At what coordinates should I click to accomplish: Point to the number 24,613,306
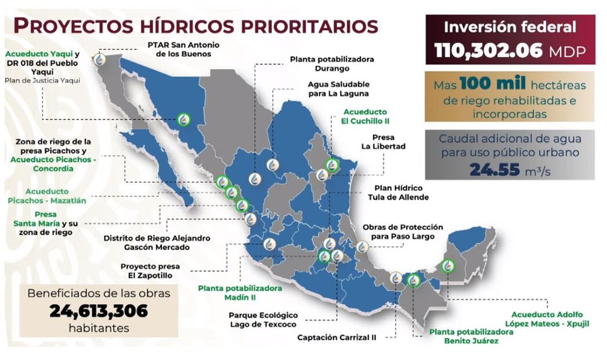[99, 311]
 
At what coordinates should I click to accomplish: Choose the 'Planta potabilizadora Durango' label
[331, 63]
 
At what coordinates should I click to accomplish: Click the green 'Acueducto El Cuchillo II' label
[366, 116]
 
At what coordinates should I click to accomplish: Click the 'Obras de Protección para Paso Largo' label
[402, 232]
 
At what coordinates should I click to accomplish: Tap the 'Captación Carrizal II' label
[336, 337]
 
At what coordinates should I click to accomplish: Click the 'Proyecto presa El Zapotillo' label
[150, 270]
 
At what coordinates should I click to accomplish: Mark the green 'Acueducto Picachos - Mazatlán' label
[47, 196]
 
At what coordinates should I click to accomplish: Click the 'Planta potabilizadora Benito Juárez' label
[471, 336]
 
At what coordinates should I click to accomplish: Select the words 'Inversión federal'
[510, 27]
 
